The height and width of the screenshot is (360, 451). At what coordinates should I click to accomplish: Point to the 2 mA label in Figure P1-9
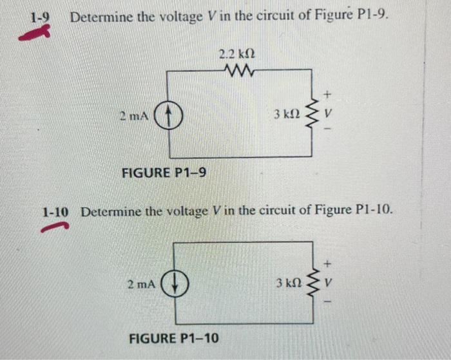tap(134, 117)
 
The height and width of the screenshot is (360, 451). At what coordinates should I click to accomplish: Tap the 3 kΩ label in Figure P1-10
tap(288, 283)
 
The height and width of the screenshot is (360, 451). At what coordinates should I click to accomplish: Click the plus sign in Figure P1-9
tap(327, 95)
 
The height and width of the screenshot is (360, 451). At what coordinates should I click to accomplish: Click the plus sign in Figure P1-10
tap(328, 263)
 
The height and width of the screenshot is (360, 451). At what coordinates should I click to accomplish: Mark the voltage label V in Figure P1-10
tap(328, 283)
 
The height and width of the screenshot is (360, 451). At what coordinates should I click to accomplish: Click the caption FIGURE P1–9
tap(164, 173)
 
